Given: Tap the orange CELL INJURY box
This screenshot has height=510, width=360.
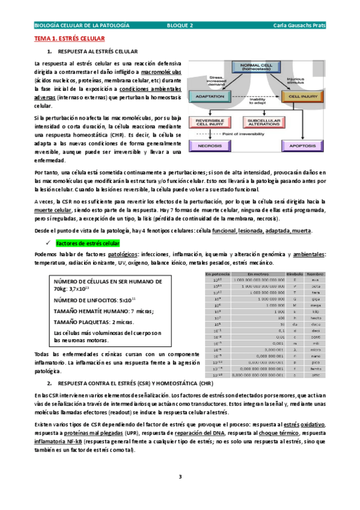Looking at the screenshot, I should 304,96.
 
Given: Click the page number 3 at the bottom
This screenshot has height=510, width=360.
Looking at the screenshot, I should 180,477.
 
